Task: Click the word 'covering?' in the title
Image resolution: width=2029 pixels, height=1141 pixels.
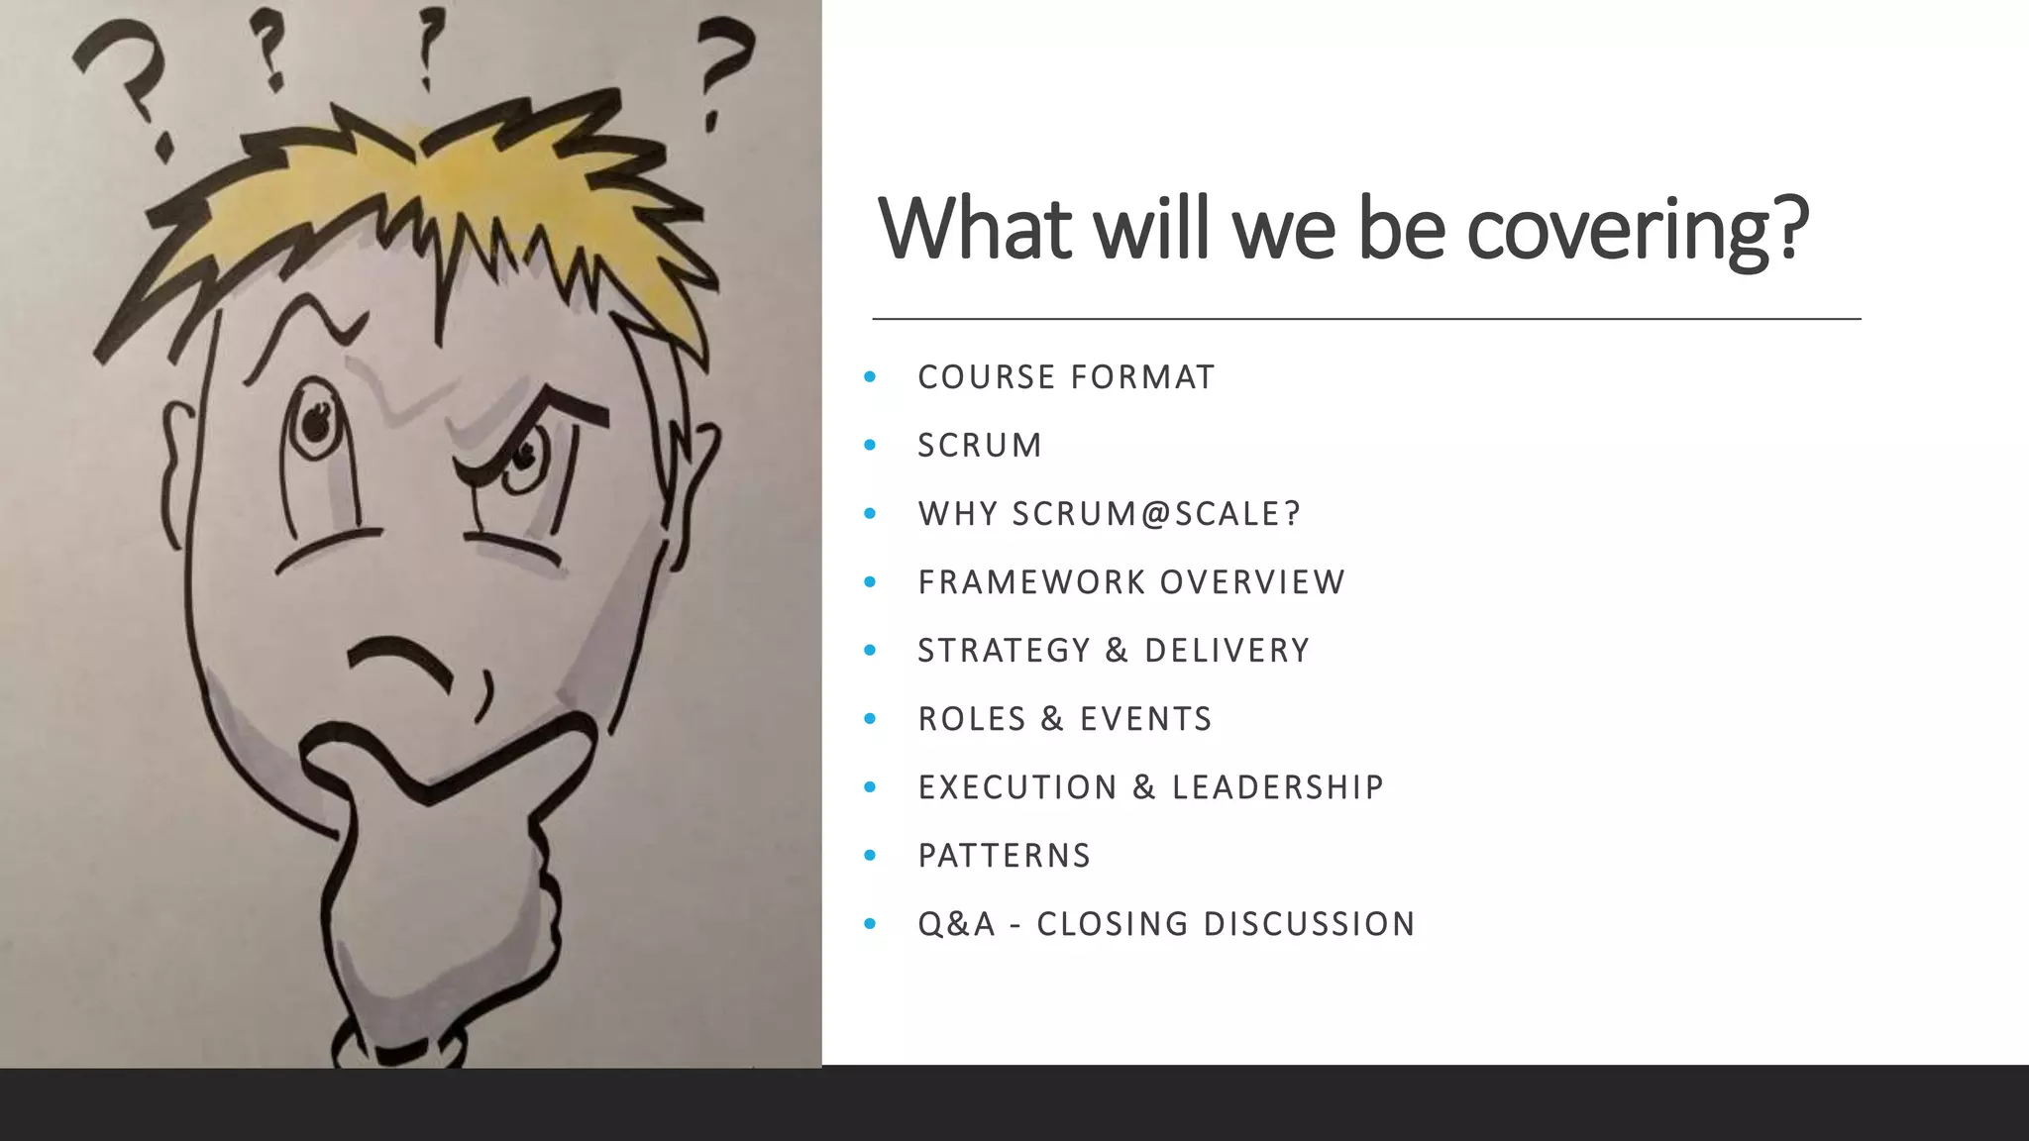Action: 1637,230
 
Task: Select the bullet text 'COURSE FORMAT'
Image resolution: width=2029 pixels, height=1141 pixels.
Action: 1066,377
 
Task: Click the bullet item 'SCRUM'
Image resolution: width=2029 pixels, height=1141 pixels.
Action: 980,446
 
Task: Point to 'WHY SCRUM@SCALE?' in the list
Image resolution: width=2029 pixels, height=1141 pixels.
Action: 1109,514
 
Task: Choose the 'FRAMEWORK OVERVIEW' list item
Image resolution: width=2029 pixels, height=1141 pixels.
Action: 1131,582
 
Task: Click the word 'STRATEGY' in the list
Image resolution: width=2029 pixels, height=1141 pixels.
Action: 1004,651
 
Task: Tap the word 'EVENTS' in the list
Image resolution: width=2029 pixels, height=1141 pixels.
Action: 1145,719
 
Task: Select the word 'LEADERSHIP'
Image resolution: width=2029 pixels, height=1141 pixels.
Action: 1277,787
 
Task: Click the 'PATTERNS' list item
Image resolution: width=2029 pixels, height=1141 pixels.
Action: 1004,856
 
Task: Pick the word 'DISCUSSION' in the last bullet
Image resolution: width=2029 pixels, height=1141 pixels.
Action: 1309,924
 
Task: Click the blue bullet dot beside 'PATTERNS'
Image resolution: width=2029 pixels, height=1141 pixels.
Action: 870,856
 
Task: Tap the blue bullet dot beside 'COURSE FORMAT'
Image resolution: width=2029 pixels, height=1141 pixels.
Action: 870,377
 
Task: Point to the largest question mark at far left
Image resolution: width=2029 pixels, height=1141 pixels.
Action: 124,84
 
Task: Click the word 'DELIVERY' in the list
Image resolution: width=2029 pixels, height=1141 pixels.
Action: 1227,651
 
